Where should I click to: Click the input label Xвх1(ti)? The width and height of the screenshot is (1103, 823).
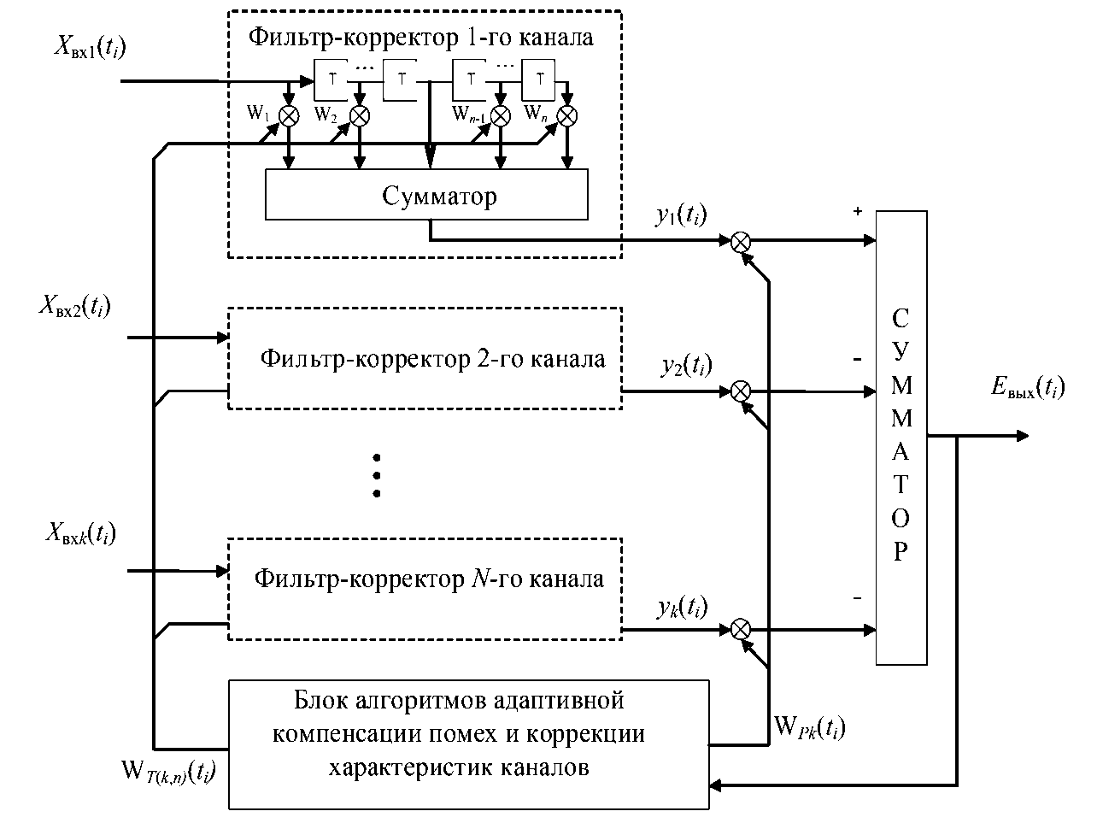tap(90, 47)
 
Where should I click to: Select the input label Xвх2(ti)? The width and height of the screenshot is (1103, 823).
tap(74, 306)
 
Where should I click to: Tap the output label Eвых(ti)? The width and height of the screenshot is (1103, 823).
tap(1028, 389)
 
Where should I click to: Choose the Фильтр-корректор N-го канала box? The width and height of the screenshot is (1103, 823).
tap(425, 589)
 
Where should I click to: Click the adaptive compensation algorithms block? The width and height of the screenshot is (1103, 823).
tap(469, 744)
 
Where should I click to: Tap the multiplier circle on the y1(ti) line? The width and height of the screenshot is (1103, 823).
tap(741, 242)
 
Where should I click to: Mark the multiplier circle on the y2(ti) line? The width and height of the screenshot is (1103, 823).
tap(741, 391)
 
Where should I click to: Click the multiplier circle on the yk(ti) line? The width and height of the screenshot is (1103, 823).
tap(741, 630)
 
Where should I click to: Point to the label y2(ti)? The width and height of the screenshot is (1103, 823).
tap(685, 365)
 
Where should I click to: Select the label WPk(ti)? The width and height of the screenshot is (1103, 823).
tap(809, 727)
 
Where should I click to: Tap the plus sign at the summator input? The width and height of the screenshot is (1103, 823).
tap(858, 211)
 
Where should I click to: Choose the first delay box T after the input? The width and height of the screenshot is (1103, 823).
tap(330, 81)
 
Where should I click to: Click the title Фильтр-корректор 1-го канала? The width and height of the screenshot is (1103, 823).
tap(420, 38)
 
